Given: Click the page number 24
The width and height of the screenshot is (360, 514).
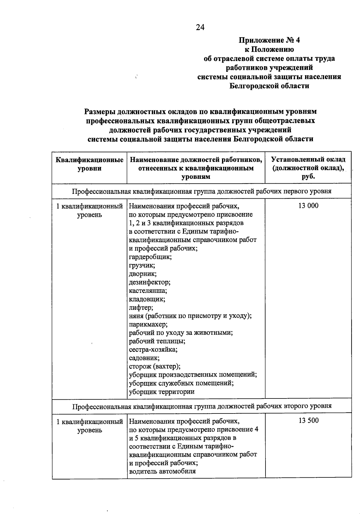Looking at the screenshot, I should click(x=200, y=27).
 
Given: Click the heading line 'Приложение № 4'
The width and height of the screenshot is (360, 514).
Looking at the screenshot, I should click(x=269, y=40).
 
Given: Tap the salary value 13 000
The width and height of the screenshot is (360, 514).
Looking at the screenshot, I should click(x=308, y=206).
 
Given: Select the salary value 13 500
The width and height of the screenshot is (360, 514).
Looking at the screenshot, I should click(x=308, y=420).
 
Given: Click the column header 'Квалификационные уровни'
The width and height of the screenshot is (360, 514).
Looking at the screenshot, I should click(x=89, y=164).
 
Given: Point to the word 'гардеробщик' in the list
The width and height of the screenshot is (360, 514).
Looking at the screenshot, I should click(x=150, y=257).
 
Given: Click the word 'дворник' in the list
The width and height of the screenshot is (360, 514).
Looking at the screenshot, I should click(x=142, y=274).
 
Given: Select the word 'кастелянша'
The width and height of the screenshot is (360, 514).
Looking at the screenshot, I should click(x=148, y=290).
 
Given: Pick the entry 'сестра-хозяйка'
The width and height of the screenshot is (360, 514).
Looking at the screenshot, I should click(x=153, y=350).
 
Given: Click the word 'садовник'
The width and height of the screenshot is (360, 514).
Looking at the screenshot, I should click(x=144, y=358).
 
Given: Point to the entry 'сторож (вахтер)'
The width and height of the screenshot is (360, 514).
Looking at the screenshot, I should click(x=154, y=366).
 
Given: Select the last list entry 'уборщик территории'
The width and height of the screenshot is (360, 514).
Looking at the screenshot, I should click(x=162, y=392).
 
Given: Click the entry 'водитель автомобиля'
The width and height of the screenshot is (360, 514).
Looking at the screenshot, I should click(x=162, y=471).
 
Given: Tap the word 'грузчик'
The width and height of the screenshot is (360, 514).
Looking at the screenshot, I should click(x=142, y=265).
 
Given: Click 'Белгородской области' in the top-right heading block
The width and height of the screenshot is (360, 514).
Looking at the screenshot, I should click(x=269, y=86).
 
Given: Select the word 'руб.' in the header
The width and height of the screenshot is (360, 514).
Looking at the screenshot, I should click(x=308, y=176).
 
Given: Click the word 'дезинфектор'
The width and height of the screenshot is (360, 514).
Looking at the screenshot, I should click(x=149, y=282).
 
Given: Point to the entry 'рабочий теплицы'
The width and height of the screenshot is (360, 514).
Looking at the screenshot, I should click(x=157, y=341).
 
